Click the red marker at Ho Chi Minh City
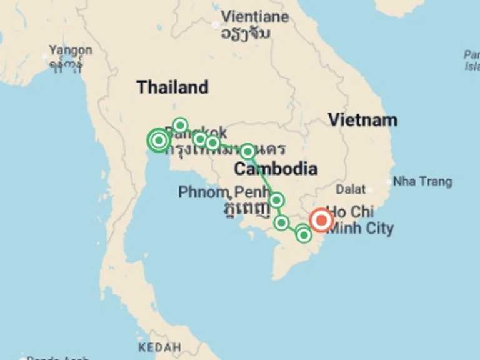322,220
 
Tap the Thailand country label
172,87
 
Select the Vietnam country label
362,120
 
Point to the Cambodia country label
275,169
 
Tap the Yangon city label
71,50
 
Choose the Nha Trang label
423,182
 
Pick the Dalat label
350,189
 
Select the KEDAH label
159,347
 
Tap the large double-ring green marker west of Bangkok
159,140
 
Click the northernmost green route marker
180,125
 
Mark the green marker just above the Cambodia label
247,151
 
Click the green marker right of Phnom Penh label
276,200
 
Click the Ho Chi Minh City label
360,221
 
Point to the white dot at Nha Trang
389,182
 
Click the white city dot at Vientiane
216,25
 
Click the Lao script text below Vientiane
246,33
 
